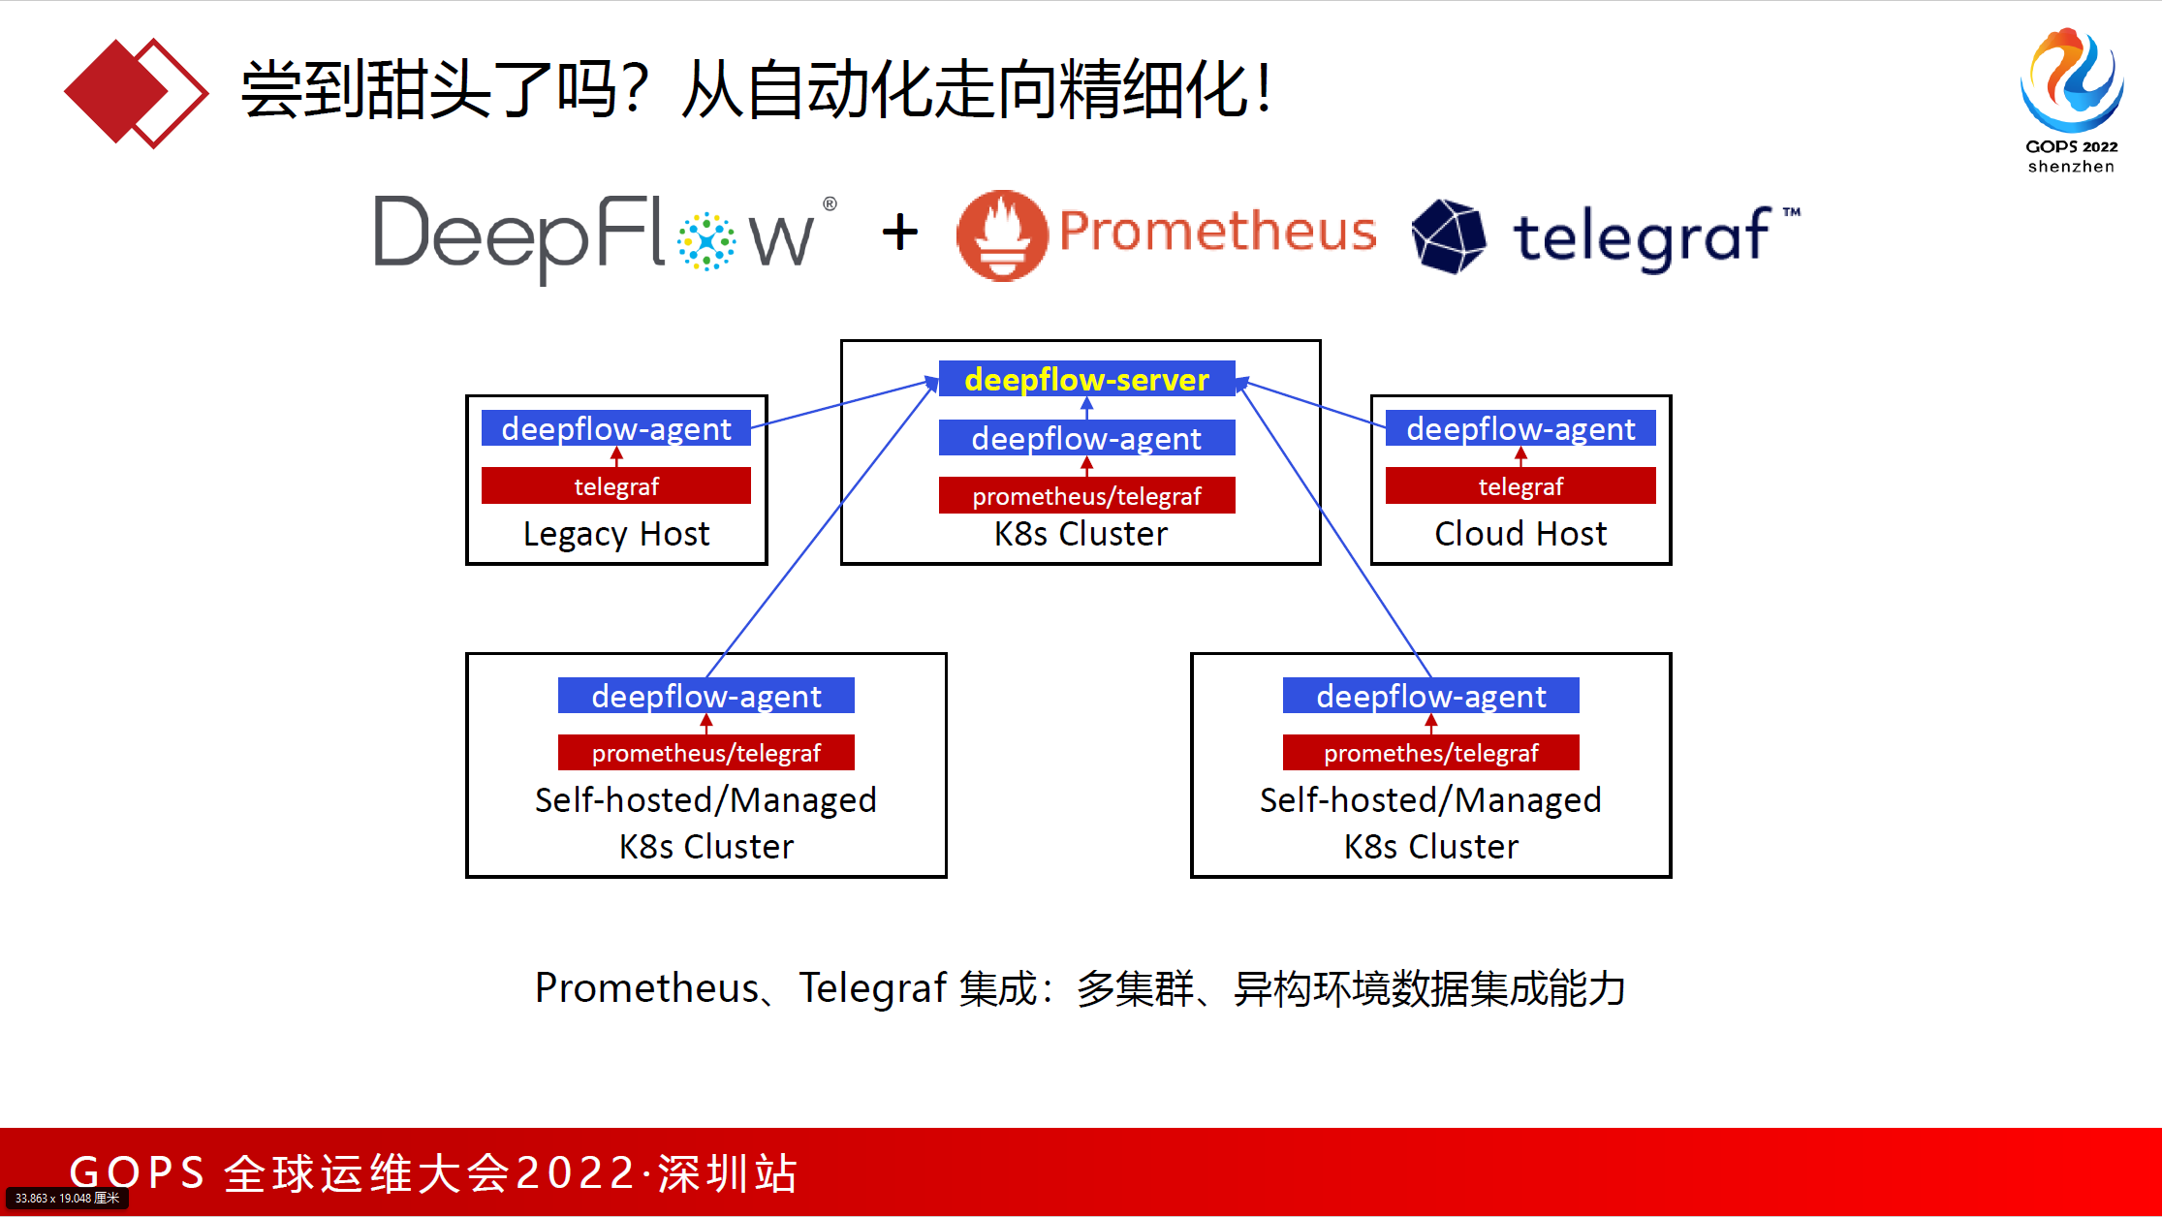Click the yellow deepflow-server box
click(x=1086, y=379)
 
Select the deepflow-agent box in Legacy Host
click(x=616, y=428)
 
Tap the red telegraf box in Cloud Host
click(x=1520, y=485)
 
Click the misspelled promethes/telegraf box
click(x=1430, y=753)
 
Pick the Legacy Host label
click(x=616, y=534)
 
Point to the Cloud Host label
click(x=1520, y=534)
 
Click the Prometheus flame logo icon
click(x=1002, y=235)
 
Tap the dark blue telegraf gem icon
click(x=1449, y=235)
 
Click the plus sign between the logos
click(x=900, y=233)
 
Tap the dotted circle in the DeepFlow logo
click(x=705, y=241)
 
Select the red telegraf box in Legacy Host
click(x=616, y=485)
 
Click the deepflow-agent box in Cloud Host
click(x=1520, y=428)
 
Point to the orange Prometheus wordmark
click(x=1217, y=231)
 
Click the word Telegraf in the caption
click(x=872, y=988)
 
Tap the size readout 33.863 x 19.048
click(x=67, y=1199)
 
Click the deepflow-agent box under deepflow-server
click(x=1086, y=438)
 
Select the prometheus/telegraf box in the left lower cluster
click(x=705, y=753)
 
